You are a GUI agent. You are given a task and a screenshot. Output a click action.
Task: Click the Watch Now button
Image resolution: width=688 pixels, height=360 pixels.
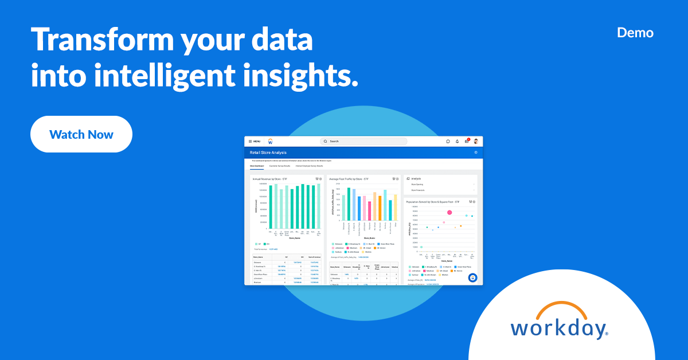[81, 135]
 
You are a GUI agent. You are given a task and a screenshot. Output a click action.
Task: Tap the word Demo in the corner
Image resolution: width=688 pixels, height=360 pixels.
[635, 33]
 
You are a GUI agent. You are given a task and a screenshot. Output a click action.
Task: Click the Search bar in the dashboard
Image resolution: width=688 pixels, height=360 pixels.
[363, 141]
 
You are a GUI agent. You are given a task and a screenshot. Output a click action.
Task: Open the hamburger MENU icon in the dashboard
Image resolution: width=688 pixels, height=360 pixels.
[251, 141]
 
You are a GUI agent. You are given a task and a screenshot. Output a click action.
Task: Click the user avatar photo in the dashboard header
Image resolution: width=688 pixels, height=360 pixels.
[475, 141]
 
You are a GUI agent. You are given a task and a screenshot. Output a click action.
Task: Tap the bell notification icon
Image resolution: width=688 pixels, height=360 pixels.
[457, 141]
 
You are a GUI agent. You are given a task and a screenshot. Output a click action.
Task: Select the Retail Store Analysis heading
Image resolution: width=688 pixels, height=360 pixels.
[268, 152]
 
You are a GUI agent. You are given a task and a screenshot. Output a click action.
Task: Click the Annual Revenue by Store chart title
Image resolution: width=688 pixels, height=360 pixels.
[270, 179]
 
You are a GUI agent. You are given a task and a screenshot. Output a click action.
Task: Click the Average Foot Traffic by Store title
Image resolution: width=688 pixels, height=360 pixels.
[349, 179]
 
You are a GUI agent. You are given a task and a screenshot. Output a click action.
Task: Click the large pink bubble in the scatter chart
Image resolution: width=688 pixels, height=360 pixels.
[449, 212]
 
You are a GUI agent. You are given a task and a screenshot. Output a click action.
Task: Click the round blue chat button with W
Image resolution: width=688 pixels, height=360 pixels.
[472, 277]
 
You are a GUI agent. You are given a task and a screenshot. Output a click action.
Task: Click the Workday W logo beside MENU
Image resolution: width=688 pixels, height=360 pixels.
[270, 141]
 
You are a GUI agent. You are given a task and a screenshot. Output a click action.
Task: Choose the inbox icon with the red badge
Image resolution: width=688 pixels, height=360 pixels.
[467, 141]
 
